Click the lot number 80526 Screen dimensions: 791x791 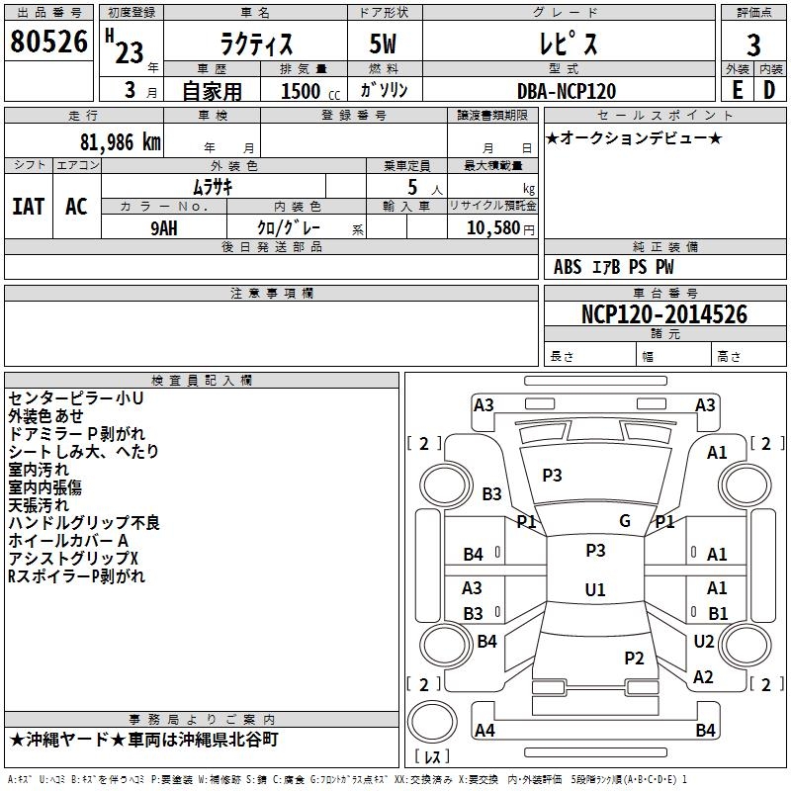(x=48, y=42)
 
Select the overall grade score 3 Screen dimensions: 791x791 (x=753, y=44)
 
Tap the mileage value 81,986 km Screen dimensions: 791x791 (x=121, y=142)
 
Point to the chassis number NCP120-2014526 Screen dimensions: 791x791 (x=663, y=314)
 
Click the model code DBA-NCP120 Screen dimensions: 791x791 (x=567, y=91)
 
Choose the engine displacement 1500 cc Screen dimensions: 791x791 (x=310, y=91)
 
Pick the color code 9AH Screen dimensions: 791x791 (x=164, y=228)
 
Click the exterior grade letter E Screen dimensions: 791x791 (x=737, y=90)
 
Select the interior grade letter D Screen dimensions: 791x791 (x=769, y=90)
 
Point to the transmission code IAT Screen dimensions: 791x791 (x=28, y=207)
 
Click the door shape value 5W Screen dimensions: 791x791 (x=383, y=44)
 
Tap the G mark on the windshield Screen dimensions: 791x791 (x=625, y=520)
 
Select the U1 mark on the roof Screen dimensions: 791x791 (x=595, y=589)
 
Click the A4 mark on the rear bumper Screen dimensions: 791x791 (x=484, y=730)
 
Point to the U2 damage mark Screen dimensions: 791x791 (x=704, y=641)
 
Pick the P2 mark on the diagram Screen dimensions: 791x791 (x=634, y=658)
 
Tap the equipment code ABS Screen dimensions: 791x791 (x=568, y=267)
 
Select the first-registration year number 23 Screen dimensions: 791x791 (x=130, y=52)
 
